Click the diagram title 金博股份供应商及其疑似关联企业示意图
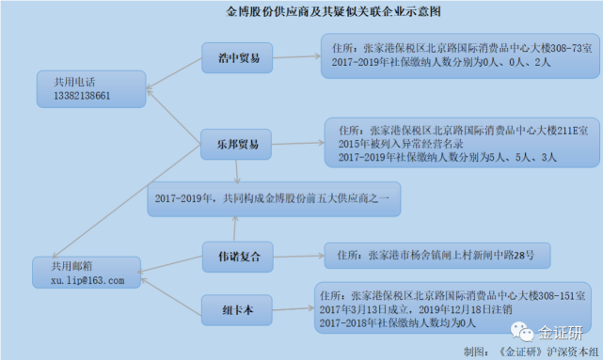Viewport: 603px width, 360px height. [321, 14]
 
